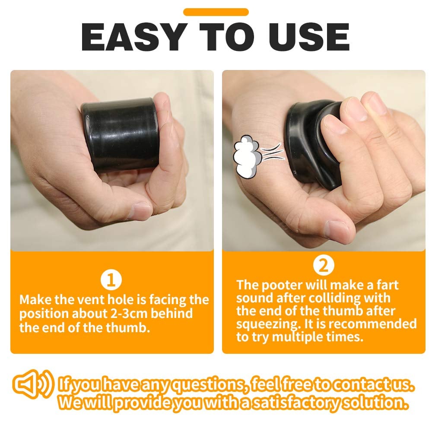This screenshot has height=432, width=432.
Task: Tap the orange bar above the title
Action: click(216, 12)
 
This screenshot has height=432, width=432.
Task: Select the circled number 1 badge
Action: click(111, 280)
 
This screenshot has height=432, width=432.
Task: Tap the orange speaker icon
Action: click(33, 384)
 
